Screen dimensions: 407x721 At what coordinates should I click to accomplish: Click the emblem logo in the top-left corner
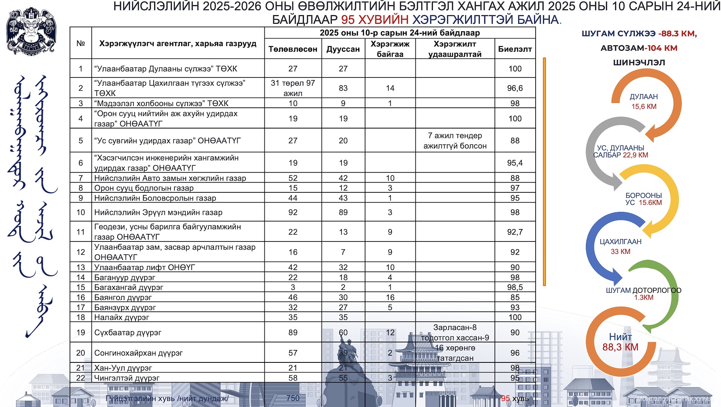coord(31,31)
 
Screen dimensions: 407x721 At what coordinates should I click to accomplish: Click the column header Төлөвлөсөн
coord(293,49)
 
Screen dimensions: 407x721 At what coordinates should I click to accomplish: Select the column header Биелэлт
coord(515,49)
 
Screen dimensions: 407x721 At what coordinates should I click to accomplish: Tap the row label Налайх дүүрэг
coord(121,317)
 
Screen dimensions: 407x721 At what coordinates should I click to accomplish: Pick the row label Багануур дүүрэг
coord(124,277)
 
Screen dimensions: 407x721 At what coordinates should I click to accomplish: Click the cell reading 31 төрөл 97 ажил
coord(293,88)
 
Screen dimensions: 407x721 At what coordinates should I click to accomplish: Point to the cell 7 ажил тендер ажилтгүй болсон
coord(455,141)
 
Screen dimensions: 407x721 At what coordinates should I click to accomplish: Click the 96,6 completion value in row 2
coord(515,88)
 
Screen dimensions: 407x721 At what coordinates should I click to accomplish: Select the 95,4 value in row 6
coord(515,163)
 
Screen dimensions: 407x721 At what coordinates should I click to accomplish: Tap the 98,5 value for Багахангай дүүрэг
coord(515,287)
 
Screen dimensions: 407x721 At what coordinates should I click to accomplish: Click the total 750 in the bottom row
coord(293,398)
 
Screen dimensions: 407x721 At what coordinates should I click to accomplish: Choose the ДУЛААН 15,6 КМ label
coord(643,102)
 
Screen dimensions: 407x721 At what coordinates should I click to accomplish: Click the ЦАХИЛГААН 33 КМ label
coord(620,246)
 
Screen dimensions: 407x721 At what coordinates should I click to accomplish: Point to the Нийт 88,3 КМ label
coord(620,342)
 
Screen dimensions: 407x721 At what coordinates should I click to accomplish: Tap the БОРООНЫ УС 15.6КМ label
coord(643,199)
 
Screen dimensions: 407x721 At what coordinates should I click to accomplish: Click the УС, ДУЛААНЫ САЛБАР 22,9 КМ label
coord(620,152)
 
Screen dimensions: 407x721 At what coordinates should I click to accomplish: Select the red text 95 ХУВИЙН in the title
coord(375,20)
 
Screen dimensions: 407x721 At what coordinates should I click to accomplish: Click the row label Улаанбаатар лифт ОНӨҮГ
coord(145,267)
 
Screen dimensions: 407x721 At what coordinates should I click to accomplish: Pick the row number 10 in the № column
coord(81,212)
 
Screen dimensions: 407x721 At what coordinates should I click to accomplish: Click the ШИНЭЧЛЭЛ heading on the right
coord(639,62)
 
